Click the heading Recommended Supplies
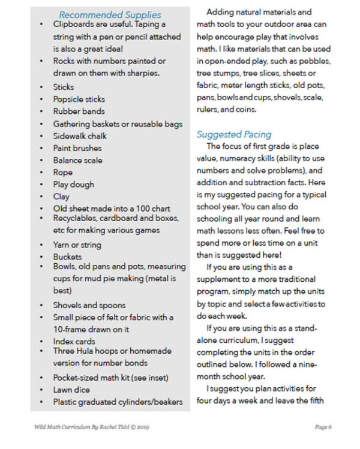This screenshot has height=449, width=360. [110, 14]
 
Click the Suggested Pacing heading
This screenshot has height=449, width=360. [234, 134]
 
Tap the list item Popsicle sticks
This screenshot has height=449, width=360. [79, 99]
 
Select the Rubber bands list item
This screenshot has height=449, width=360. [79, 111]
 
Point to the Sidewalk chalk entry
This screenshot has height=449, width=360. [80, 136]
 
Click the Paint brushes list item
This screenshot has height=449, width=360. [77, 148]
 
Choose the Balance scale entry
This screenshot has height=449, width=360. [77, 160]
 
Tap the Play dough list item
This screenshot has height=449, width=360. [74, 185]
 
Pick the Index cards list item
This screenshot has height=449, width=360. [74, 341]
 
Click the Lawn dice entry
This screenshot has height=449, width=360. [71, 390]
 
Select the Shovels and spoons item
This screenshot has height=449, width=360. [89, 305]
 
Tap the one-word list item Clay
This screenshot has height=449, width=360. [61, 197]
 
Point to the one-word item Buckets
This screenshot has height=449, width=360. [67, 257]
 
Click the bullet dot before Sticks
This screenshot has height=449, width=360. [40, 88]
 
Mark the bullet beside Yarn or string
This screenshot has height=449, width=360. [40, 245]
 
